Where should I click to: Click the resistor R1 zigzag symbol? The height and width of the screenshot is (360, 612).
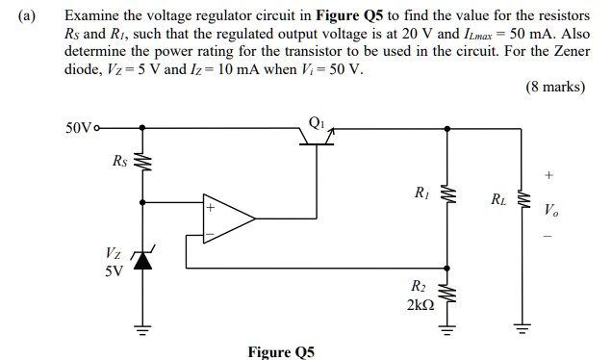[445, 196]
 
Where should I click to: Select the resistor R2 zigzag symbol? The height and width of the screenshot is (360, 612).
[445, 294]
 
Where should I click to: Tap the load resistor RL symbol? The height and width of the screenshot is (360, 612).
[524, 201]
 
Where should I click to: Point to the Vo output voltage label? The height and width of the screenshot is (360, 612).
[549, 209]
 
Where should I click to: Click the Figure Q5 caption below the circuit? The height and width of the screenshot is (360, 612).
[282, 351]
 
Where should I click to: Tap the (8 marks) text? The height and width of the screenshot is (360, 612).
[554, 88]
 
